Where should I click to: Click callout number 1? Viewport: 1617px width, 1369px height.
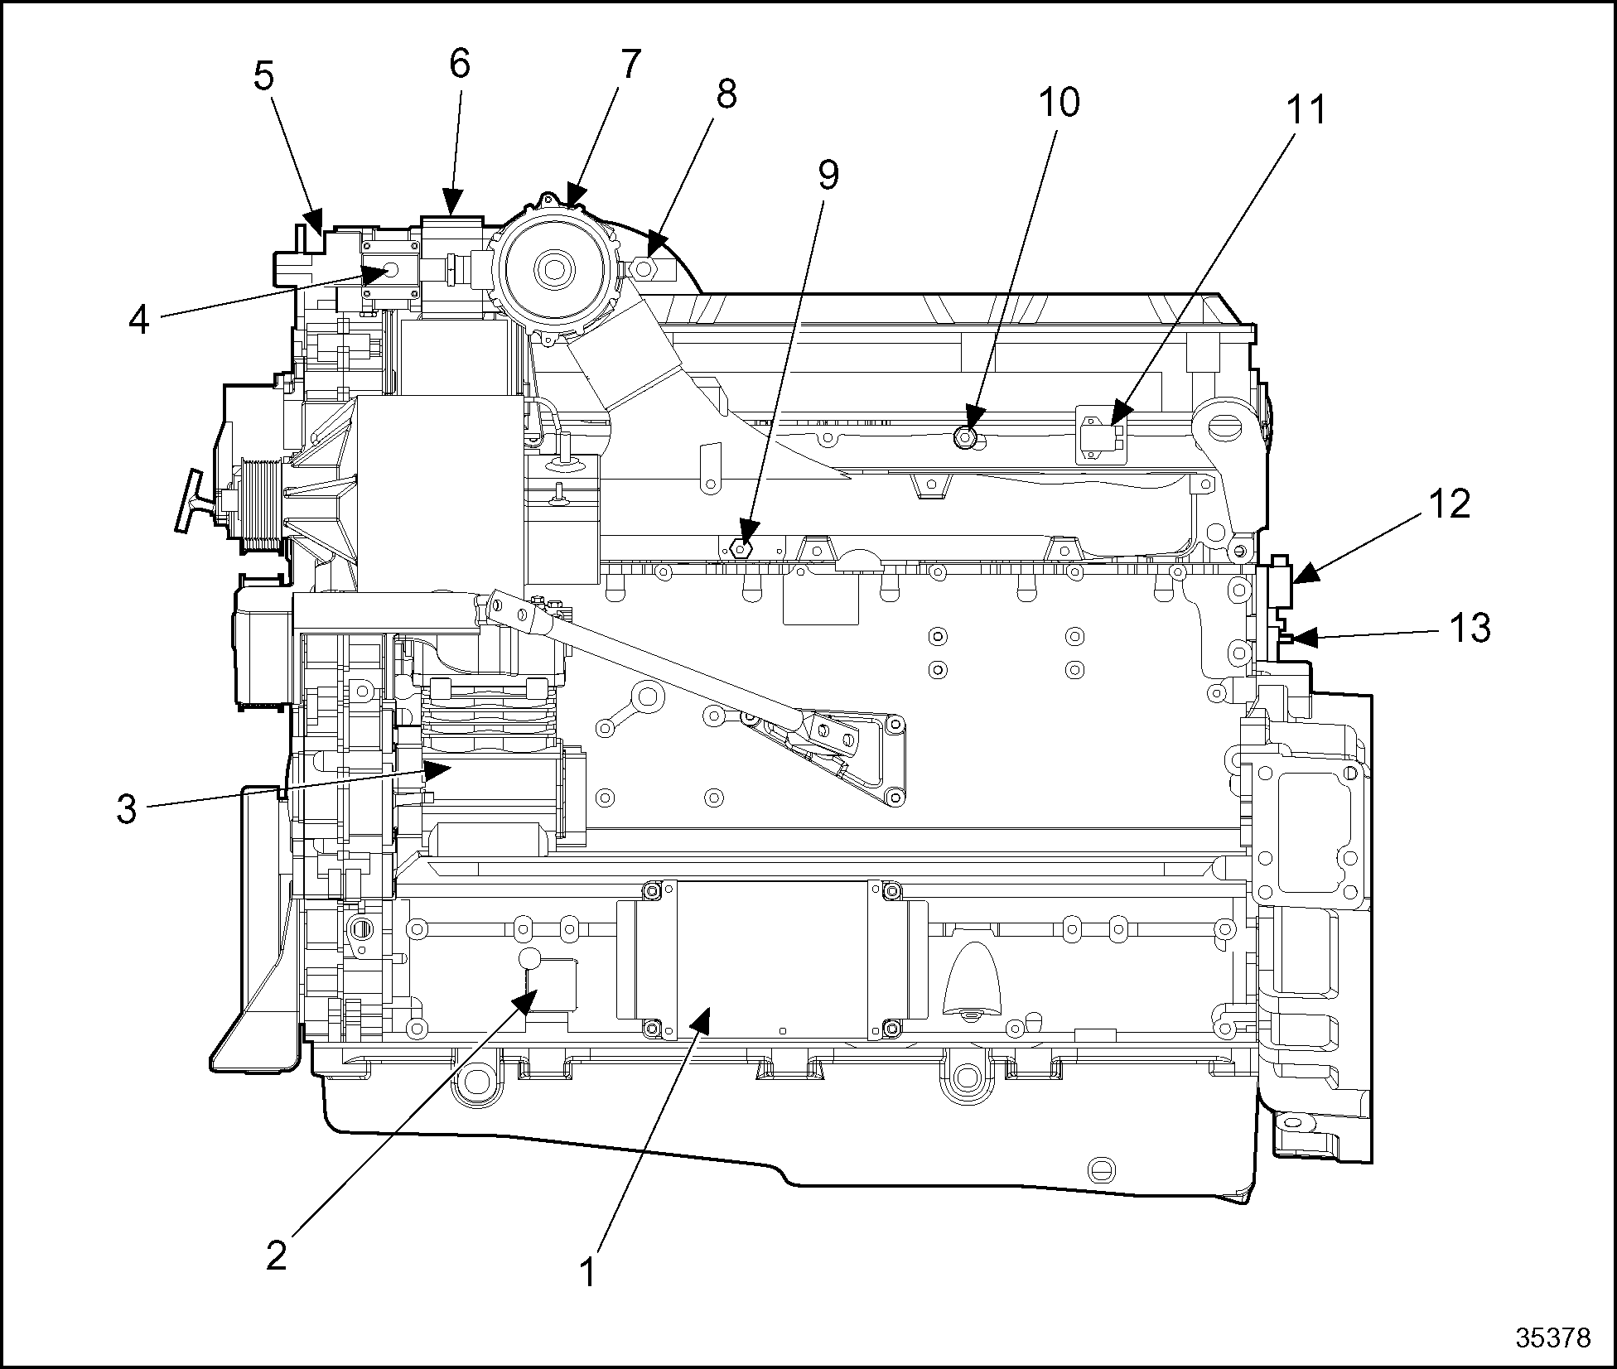coord(587,1272)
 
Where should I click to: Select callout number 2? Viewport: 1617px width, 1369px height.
coord(277,1256)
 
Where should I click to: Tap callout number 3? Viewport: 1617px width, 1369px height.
coord(126,809)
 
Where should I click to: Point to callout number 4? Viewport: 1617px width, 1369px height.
coord(138,320)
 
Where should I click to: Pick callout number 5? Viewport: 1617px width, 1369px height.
coord(263,76)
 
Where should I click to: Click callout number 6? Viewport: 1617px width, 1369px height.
coord(460,64)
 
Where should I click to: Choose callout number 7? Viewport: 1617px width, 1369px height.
coord(630,64)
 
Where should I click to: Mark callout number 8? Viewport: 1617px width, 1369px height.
coord(726,94)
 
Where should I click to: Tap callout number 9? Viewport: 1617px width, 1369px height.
coord(828,174)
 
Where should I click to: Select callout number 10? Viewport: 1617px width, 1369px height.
coord(1059,103)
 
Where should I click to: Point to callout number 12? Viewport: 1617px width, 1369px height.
coord(1449,504)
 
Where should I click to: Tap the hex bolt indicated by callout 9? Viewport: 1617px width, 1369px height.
coord(742,547)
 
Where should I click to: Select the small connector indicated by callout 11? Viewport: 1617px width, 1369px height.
coord(1100,432)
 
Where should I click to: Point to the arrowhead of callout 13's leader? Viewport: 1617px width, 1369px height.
coord(1297,638)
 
